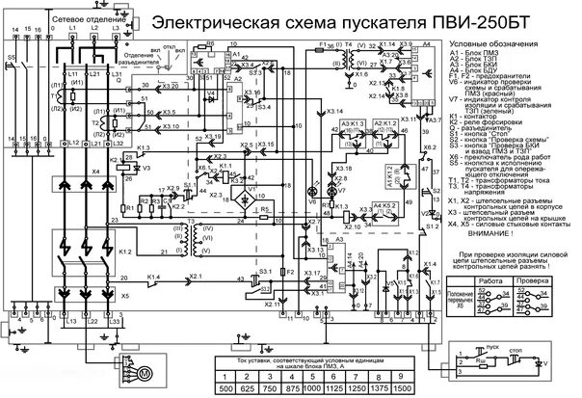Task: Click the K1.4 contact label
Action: [x=154, y=278]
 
